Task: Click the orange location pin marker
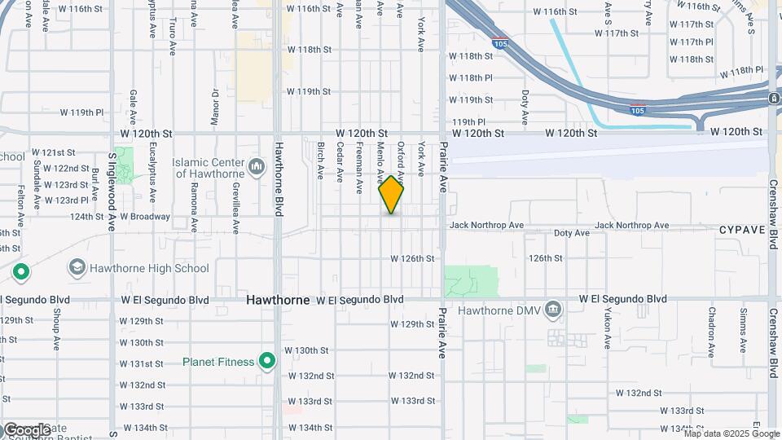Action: [391, 195]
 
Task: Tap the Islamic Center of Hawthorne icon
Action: [257, 167]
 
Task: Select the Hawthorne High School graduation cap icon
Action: [77, 267]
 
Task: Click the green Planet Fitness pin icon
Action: [266, 361]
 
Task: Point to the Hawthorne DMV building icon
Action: [553, 310]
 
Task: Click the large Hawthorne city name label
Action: [279, 300]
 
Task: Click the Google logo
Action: [26, 429]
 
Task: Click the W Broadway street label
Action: [146, 217]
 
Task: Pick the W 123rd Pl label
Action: [66, 200]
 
